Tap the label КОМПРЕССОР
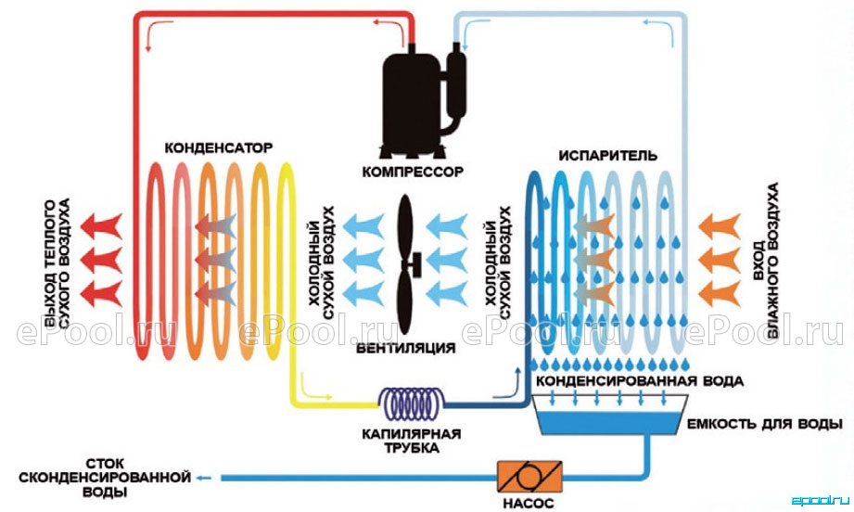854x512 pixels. click(413, 173)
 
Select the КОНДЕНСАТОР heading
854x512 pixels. click(219, 148)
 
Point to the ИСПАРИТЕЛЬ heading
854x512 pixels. click(608, 156)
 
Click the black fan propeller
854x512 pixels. click(407, 264)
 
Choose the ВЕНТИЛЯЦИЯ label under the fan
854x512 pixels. click(406, 348)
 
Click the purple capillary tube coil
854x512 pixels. click(411, 403)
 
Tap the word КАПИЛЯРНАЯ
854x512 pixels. click(411, 434)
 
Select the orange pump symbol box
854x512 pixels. click(529, 477)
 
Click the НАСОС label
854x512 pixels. click(529, 504)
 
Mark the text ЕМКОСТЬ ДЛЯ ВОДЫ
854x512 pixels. click(765, 424)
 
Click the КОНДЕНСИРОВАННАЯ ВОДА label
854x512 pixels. click(640, 381)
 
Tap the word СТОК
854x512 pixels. click(105, 464)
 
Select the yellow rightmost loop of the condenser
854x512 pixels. click(287, 262)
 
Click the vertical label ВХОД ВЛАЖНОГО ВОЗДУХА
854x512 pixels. click(765, 261)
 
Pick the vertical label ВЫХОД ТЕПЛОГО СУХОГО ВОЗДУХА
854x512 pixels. click(57, 263)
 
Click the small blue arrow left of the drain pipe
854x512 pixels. click(204, 478)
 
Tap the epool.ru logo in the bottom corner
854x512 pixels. click(820, 500)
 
